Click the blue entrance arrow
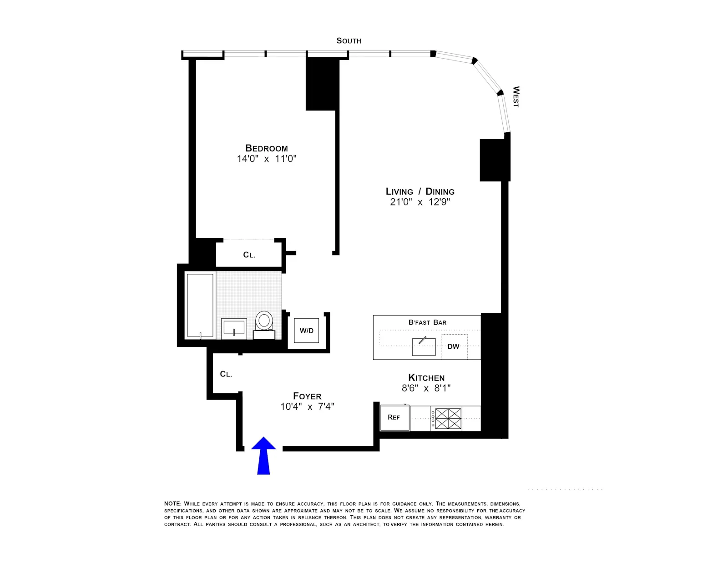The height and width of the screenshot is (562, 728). pyautogui.click(x=263, y=456)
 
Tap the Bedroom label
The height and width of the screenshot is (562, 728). pyautogui.click(x=266, y=148)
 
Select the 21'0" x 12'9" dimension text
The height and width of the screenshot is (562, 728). pyautogui.click(x=420, y=202)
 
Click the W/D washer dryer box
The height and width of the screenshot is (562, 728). pyautogui.click(x=307, y=331)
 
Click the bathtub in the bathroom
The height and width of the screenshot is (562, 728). pyautogui.click(x=200, y=305)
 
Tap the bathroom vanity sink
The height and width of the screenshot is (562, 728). pyautogui.click(x=234, y=327)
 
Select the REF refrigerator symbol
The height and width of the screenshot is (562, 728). pyautogui.click(x=394, y=417)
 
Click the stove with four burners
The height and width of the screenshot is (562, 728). pyautogui.click(x=448, y=418)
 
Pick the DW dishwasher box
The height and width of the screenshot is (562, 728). pyautogui.click(x=454, y=346)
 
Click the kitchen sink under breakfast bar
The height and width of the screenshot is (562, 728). pyautogui.click(x=424, y=347)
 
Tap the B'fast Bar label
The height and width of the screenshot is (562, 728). pyautogui.click(x=427, y=322)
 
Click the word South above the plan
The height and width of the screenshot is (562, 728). pyautogui.click(x=349, y=41)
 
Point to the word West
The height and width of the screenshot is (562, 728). pyautogui.click(x=516, y=97)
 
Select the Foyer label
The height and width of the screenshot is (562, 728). pyautogui.click(x=307, y=396)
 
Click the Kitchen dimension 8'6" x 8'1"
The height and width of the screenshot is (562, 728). pyautogui.click(x=426, y=388)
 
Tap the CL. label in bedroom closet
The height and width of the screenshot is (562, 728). pyautogui.click(x=249, y=255)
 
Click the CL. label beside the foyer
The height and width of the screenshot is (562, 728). pyautogui.click(x=226, y=374)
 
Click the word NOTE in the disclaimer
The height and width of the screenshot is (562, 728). pyautogui.click(x=172, y=504)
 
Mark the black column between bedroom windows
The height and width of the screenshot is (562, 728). pyautogui.click(x=322, y=84)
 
